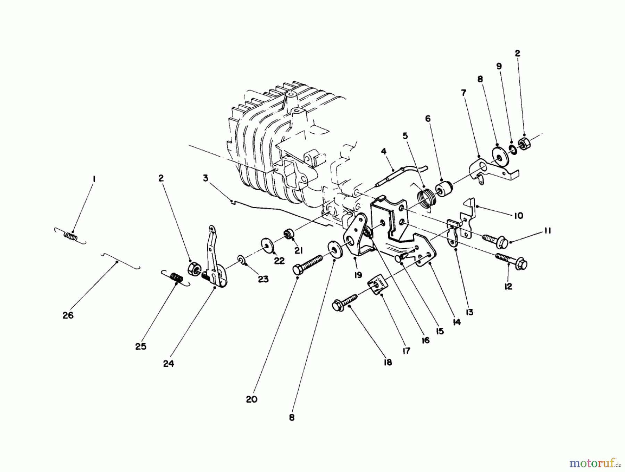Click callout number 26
(68, 315)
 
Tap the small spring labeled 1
(71, 236)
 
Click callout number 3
(206, 178)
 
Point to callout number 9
(499, 66)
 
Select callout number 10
(518, 216)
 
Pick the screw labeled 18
(346, 303)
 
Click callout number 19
(358, 275)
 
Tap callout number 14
(457, 322)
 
